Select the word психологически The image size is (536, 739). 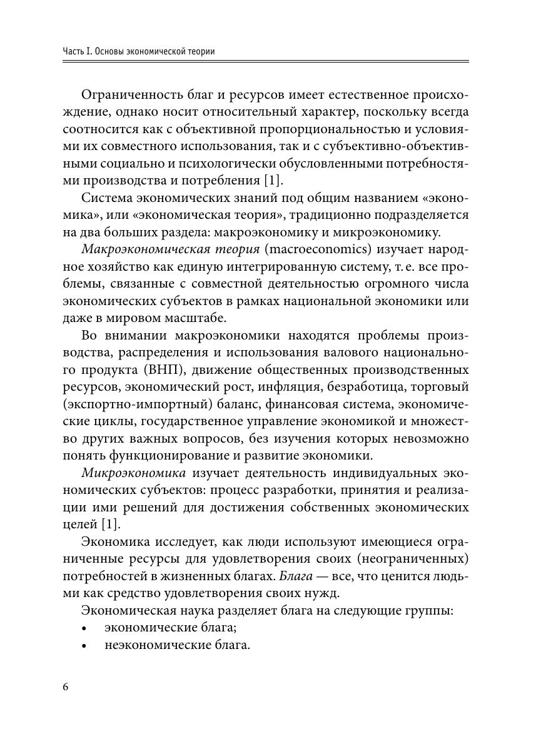(228, 163)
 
